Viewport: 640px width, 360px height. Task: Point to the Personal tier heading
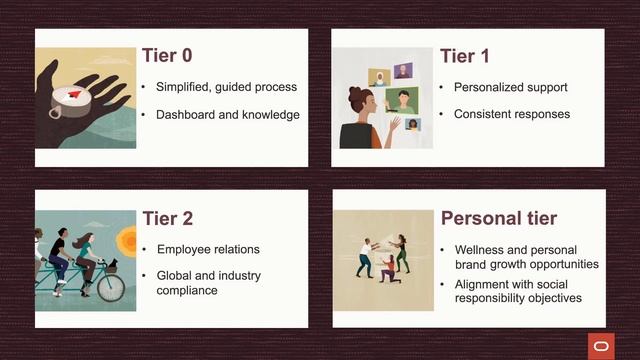pos(499,217)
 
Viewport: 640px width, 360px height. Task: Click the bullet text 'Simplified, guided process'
pos(226,87)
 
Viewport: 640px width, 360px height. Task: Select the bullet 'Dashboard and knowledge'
pos(227,115)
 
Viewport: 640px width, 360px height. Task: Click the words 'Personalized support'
pos(510,87)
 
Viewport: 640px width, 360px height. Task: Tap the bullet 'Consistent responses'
pos(511,114)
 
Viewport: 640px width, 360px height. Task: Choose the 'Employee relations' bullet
pos(208,248)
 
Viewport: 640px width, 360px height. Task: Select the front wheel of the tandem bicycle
pos(110,287)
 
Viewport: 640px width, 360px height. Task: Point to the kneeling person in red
pos(388,267)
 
